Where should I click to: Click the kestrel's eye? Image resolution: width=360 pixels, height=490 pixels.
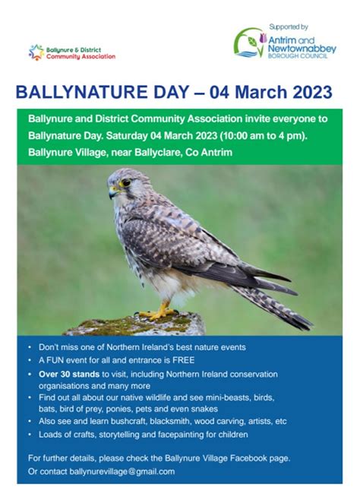(125, 182)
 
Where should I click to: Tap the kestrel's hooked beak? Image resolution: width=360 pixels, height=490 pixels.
(112, 192)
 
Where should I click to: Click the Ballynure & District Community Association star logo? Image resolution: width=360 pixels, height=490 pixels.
(36, 52)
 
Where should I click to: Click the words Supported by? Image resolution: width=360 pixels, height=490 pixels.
(289, 27)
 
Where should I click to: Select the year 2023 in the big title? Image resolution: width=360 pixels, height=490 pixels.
(312, 92)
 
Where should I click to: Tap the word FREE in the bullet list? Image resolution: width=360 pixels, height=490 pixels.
(184, 360)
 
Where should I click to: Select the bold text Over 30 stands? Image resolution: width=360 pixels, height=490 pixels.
(69, 374)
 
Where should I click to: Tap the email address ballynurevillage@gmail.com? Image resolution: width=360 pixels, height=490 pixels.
(122, 471)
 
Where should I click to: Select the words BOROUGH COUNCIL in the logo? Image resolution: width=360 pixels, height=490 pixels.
(298, 56)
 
